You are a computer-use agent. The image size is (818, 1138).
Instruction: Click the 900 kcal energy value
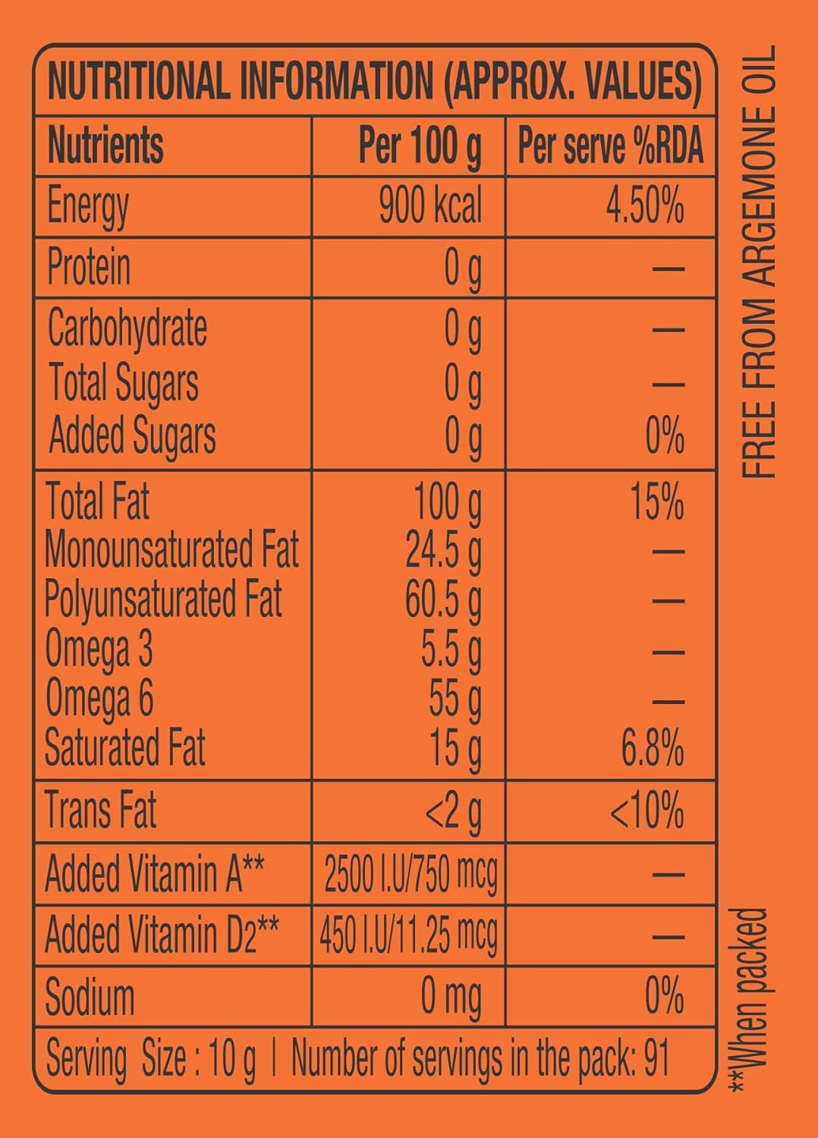tap(429, 206)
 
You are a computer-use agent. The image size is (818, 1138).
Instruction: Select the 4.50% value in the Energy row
tap(644, 206)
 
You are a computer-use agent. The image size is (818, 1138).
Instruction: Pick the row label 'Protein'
tap(89, 267)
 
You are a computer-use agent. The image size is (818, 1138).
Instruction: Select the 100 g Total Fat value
tap(447, 502)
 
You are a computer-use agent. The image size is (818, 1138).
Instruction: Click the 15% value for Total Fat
tap(656, 502)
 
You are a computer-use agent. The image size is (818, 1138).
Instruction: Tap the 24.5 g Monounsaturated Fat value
tap(443, 551)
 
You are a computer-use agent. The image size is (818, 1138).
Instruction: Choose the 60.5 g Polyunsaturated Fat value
tap(443, 600)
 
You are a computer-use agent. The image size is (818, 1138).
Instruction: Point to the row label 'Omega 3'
tap(99, 649)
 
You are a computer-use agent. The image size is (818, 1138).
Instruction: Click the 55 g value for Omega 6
tap(455, 698)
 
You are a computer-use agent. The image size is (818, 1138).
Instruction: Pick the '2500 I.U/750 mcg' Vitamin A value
tap(411, 875)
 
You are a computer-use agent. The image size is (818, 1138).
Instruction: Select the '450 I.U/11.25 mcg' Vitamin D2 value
tap(408, 935)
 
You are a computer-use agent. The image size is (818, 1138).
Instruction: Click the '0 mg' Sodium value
tap(451, 997)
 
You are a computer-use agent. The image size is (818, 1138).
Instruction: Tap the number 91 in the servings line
tap(656, 1059)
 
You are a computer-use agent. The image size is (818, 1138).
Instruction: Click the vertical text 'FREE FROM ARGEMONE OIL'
tap(759, 262)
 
